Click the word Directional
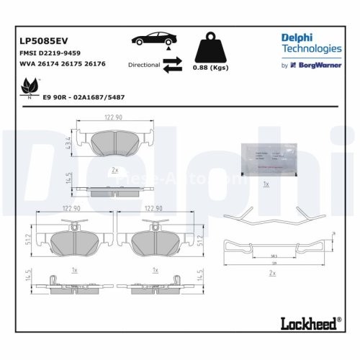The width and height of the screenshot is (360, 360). pyautogui.click(x=143, y=65)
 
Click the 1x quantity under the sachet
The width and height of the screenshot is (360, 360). pyautogui.click(x=266, y=185)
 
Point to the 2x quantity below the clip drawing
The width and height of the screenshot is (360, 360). pyautogui.click(x=271, y=274)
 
